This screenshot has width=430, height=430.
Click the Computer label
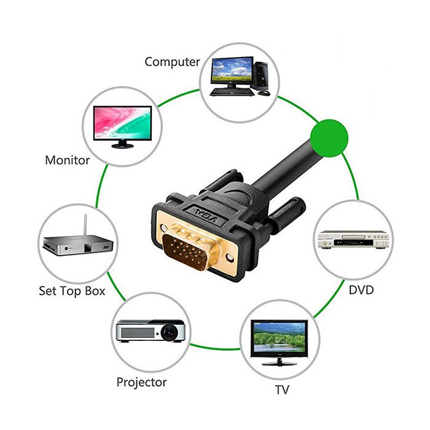tap(172, 62)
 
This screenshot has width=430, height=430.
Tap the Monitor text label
tap(68, 160)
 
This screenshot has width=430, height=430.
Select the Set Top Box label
tap(72, 291)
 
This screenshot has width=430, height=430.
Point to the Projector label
tap(141, 382)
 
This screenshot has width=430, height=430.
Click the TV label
tap(283, 389)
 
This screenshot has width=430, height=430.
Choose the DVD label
tap(361, 289)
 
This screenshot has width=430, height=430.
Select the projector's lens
tap(166, 332)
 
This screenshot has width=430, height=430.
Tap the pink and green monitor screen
tap(122, 123)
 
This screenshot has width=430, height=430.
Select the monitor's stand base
tap(122, 146)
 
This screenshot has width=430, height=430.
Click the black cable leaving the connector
tap(289, 166)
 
